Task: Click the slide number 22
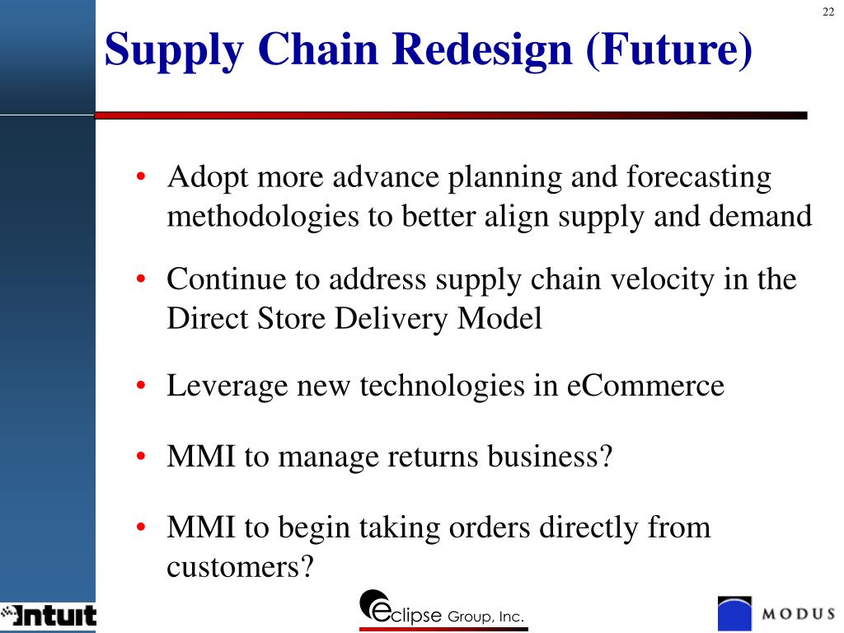point(828,11)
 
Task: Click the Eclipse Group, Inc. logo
point(442,611)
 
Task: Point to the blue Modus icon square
point(735,614)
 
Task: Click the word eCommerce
point(645,386)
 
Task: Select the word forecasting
point(699,177)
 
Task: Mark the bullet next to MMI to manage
point(142,457)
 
